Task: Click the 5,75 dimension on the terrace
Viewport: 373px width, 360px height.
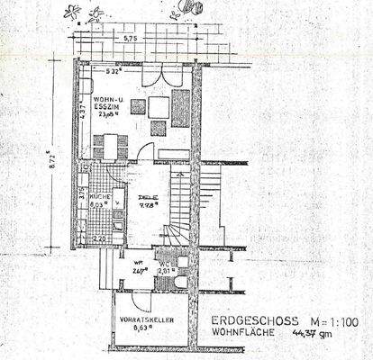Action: [x=132, y=39]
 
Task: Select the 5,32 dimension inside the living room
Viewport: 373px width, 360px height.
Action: [x=113, y=69]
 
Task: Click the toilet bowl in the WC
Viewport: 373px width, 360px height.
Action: [x=179, y=282]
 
